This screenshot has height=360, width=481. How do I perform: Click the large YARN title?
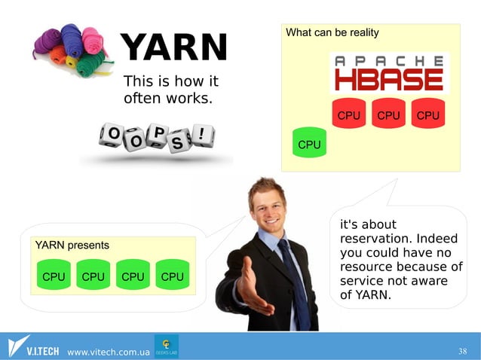(x=173, y=48)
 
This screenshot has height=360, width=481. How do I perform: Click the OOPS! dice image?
(x=157, y=138)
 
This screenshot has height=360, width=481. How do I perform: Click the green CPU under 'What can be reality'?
(x=309, y=143)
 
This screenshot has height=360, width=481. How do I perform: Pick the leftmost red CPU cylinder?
(x=348, y=114)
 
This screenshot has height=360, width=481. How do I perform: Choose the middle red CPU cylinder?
(x=388, y=114)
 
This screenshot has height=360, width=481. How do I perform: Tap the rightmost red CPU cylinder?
(x=427, y=114)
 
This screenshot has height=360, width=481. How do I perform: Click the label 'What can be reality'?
(x=332, y=33)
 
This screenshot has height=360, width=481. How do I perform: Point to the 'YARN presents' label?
(x=72, y=245)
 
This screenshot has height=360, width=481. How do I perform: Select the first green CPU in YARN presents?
(x=54, y=276)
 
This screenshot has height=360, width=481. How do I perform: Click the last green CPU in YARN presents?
(x=172, y=276)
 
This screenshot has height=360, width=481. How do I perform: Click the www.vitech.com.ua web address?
(x=109, y=352)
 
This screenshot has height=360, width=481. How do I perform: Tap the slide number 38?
(x=463, y=352)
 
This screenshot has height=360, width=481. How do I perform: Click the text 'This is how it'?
(x=170, y=81)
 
